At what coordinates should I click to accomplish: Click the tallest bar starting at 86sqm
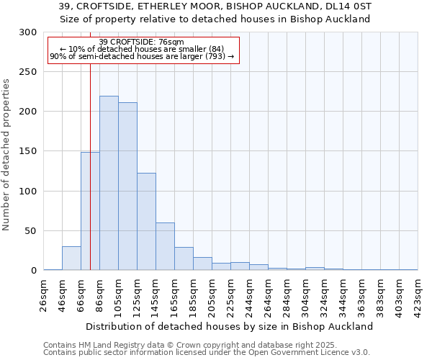(x=109, y=184)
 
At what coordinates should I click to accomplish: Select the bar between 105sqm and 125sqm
(x=127, y=186)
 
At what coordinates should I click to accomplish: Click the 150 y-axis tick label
(x=28, y=152)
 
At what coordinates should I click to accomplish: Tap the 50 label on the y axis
(x=31, y=231)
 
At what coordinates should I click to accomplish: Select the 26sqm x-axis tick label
(x=44, y=297)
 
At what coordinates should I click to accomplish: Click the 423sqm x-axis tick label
(x=418, y=297)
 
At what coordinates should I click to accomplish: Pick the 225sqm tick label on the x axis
(x=231, y=297)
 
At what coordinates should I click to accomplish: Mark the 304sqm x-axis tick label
(x=306, y=297)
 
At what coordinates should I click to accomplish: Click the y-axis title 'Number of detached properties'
(x=7, y=155)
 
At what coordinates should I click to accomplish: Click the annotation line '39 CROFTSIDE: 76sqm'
(x=141, y=42)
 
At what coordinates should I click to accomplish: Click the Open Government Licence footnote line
(x=207, y=353)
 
